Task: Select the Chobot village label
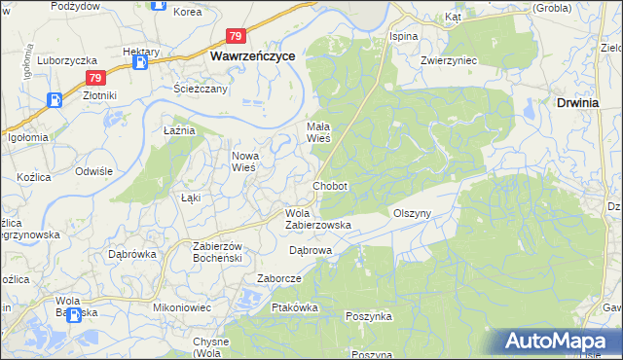[x=329, y=186]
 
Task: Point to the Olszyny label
[x=411, y=213]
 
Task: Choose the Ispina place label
[x=403, y=36]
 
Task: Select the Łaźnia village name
[x=180, y=129]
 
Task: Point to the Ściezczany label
[x=202, y=89]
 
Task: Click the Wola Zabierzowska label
[x=316, y=219]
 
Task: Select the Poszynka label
[x=369, y=316]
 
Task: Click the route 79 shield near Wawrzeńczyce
[x=236, y=37]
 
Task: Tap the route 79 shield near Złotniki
[x=93, y=78]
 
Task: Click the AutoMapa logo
[x=561, y=342]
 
